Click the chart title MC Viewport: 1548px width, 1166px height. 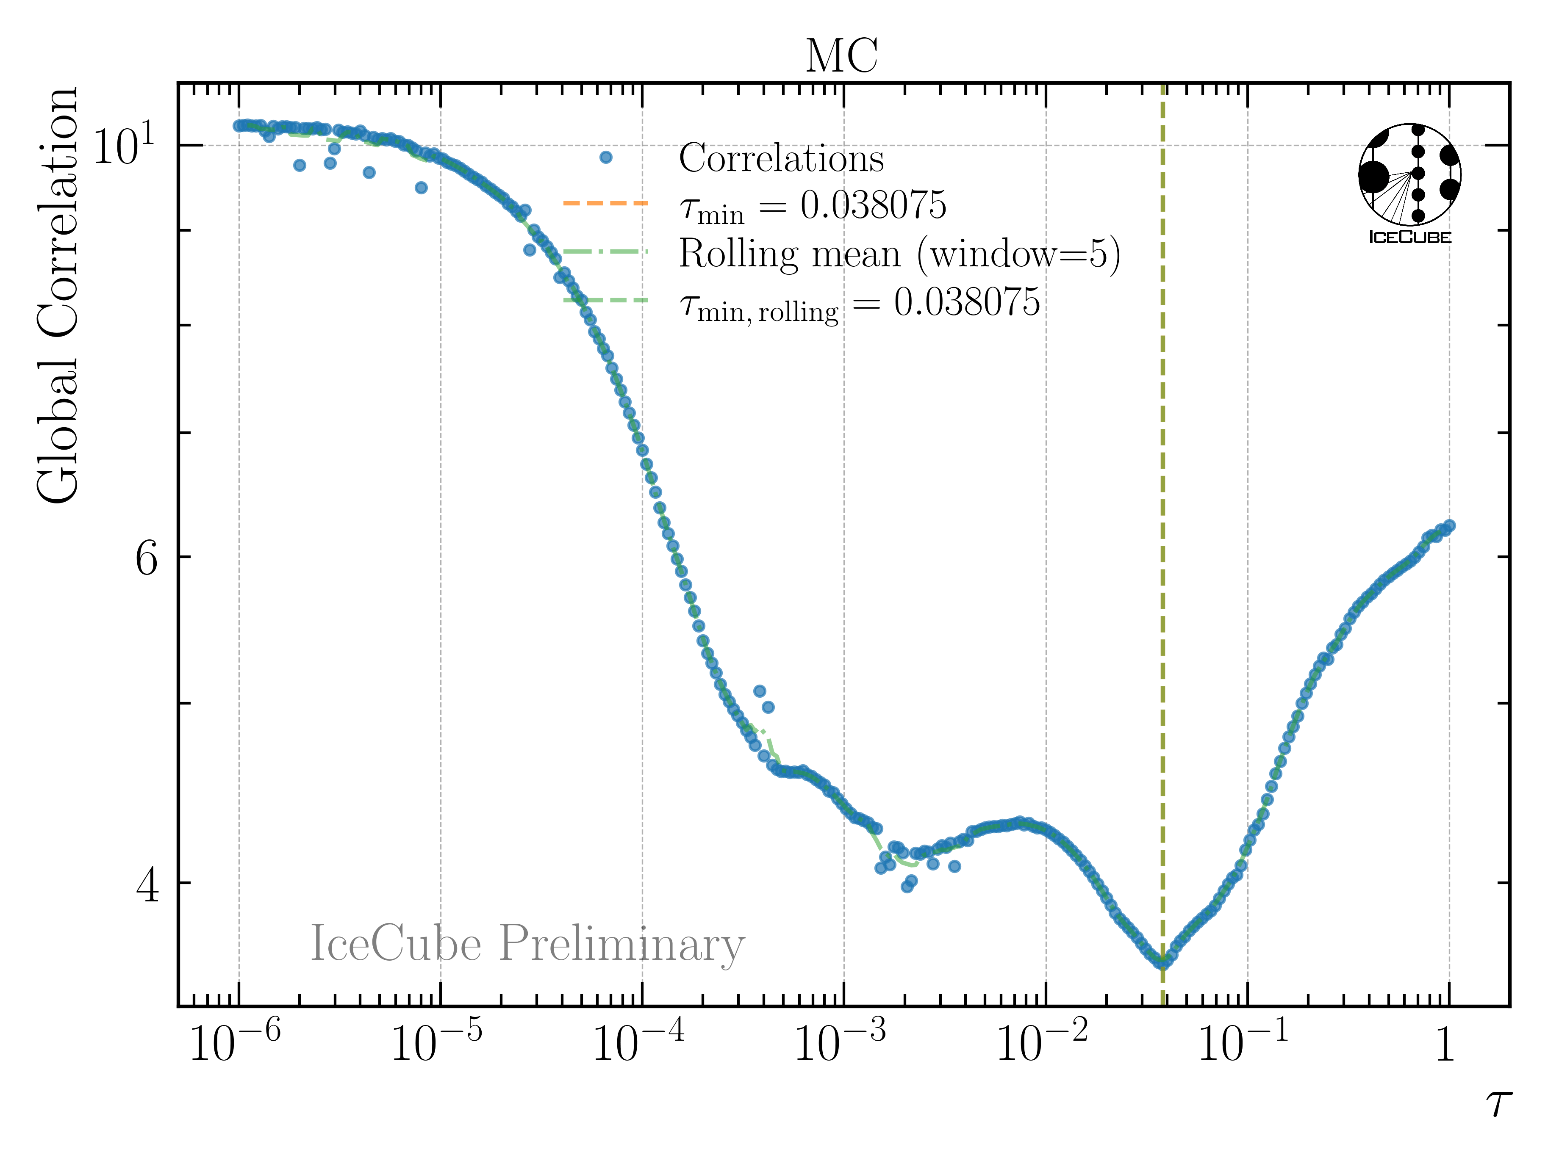click(842, 56)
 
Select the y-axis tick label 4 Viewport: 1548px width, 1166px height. click(147, 885)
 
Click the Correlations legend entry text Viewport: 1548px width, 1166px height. click(781, 158)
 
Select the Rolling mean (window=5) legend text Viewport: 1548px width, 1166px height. click(899, 254)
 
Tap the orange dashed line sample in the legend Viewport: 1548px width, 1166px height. click(605, 204)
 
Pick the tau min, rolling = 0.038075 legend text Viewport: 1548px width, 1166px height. click(860, 304)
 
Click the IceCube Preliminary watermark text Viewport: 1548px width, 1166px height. click(527, 944)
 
